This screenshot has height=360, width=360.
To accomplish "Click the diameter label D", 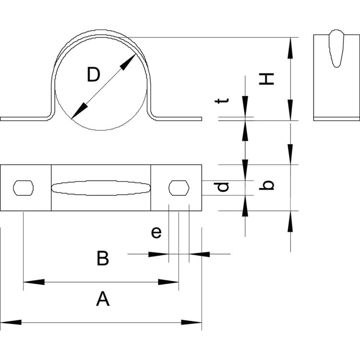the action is pos(94,74).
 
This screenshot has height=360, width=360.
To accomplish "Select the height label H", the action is pos(266,79).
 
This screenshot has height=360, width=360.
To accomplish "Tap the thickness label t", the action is pos(221,101).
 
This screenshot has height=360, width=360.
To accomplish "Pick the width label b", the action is pos(266,185).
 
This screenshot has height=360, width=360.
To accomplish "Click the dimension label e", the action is pos(156,232).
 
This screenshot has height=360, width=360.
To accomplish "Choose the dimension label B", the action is pos(103,258).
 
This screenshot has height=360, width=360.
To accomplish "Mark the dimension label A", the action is pos(103,298).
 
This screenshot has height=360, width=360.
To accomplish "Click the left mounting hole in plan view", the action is pos(23,188).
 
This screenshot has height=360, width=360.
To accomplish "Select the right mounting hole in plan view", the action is pos(179,188).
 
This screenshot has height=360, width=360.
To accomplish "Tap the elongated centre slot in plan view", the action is pos(101,188).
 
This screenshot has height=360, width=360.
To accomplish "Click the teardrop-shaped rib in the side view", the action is pos(336,49).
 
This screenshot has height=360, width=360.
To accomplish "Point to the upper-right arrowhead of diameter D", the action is pos(128,62).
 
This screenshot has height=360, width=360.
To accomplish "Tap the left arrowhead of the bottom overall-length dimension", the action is pos(11,322).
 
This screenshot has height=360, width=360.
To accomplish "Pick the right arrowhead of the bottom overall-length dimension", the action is pos(191,322).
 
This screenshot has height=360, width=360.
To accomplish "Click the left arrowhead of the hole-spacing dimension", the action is pos(34,282).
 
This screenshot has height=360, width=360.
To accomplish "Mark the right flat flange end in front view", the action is pos(179,119).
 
